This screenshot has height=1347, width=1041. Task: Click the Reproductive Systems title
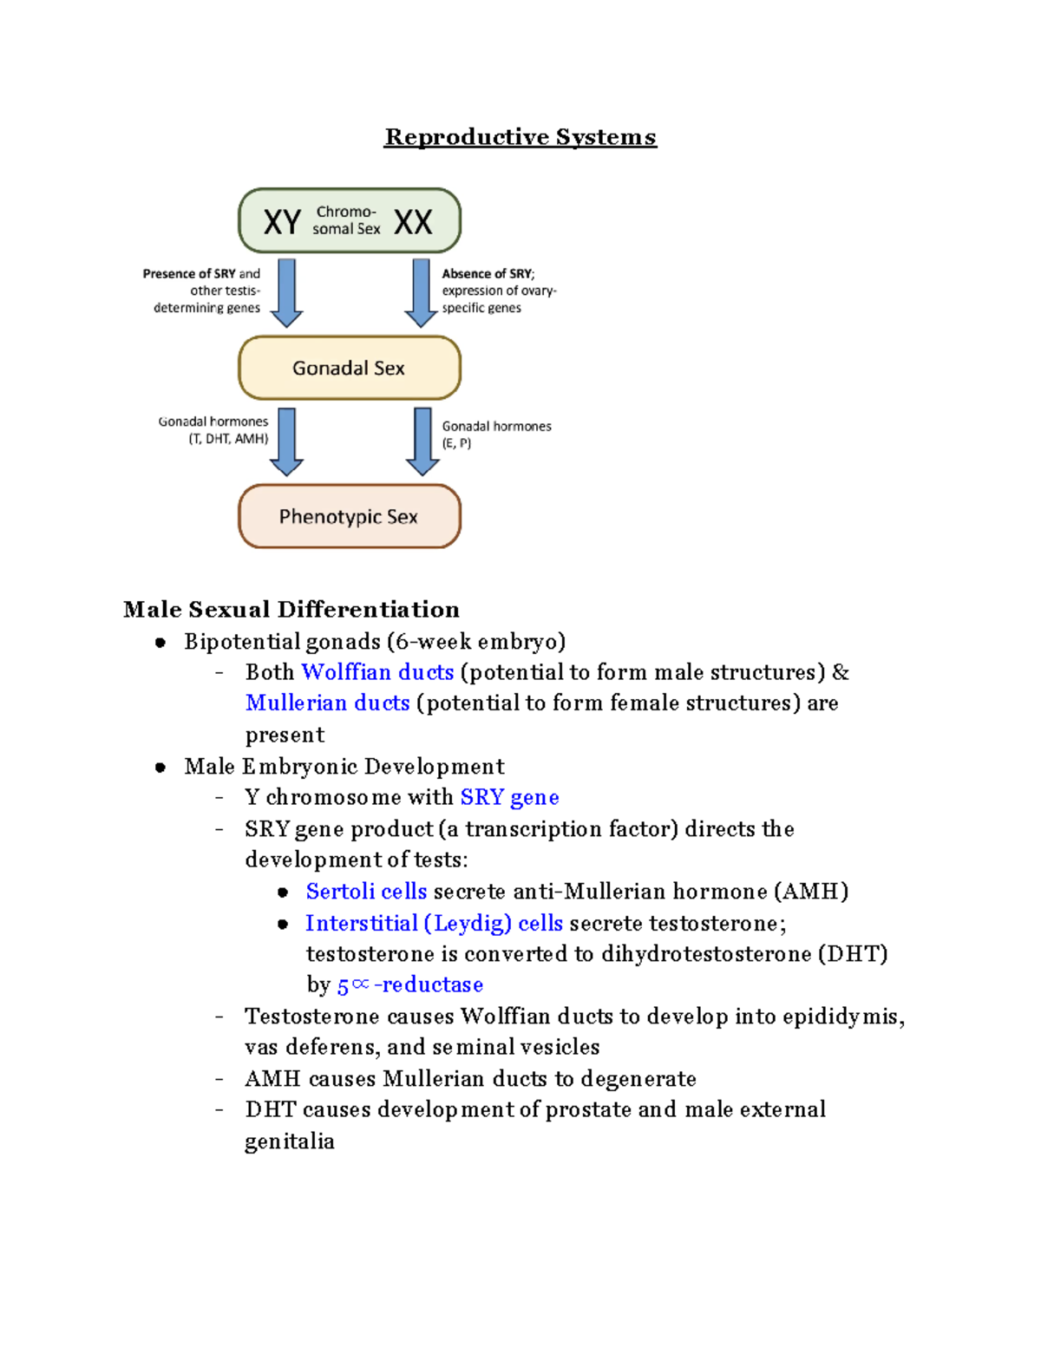[x=520, y=137]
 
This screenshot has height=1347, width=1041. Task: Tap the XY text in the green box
[x=282, y=222]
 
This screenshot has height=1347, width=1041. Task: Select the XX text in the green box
[x=413, y=222]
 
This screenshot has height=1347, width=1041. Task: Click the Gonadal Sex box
[x=350, y=368]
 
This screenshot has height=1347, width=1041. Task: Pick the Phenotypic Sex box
[x=350, y=516]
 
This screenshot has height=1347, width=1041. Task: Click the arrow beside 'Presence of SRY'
[x=286, y=292]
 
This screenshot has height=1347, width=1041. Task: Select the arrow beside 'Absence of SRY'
[x=421, y=292]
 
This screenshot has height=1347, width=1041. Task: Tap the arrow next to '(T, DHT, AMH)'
[x=286, y=441]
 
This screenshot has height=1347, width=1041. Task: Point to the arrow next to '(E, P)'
[x=422, y=441]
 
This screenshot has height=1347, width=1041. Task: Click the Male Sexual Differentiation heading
[x=291, y=610]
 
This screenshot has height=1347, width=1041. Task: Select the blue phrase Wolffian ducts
[x=377, y=672]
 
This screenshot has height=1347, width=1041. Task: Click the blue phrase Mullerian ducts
[x=327, y=703]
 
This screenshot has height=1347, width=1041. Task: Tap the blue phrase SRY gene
[x=509, y=797]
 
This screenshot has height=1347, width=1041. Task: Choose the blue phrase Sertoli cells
[x=366, y=891]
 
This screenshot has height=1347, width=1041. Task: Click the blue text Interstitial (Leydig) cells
[x=434, y=923]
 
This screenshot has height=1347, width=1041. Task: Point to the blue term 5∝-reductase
[x=409, y=984]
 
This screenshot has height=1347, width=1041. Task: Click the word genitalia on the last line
[x=290, y=1141]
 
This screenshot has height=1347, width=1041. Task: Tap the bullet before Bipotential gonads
[x=160, y=643]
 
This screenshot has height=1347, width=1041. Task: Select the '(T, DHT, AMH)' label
[x=228, y=439]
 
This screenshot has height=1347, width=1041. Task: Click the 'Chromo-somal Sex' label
[x=346, y=220]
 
